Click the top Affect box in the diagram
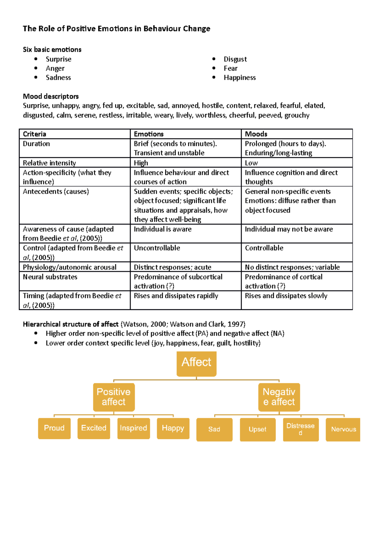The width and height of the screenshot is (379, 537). (196, 363)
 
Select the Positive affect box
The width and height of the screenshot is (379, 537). (114, 397)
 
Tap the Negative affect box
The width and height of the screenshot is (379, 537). (279, 397)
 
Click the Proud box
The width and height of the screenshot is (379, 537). (54, 428)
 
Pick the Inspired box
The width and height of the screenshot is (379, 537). (133, 428)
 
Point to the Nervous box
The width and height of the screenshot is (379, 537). (343, 429)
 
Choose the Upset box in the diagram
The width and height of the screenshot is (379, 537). (257, 429)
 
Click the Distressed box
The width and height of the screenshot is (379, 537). (300, 429)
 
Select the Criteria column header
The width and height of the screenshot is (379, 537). (34, 134)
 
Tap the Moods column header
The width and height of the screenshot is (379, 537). (256, 134)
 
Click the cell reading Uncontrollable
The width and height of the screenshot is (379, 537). (157, 248)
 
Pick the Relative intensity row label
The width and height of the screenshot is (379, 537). (49, 163)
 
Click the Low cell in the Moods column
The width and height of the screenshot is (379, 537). (251, 163)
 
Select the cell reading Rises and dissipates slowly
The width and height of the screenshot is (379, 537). (286, 296)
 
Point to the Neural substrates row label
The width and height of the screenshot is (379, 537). (50, 277)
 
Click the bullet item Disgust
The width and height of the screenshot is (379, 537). (235, 59)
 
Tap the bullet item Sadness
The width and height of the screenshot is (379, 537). (58, 77)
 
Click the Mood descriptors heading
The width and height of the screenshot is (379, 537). (51, 96)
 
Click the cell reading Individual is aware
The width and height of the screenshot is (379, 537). (162, 229)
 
